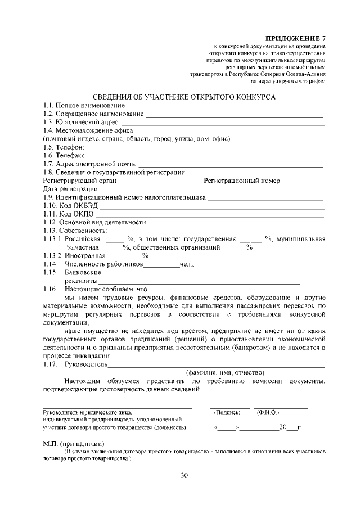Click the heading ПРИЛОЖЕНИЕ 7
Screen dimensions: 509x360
click(x=296, y=38)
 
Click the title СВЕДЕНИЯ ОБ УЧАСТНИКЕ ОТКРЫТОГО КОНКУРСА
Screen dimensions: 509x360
click(x=184, y=97)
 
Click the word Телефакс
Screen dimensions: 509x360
click(x=70, y=155)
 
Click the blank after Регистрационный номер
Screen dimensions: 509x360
click(x=304, y=182)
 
